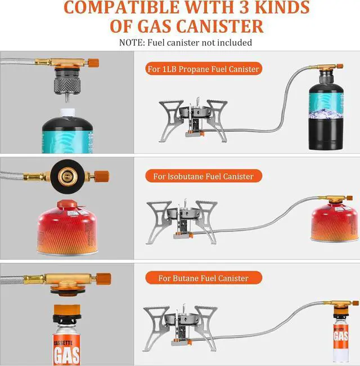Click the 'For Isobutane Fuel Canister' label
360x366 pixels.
click(203, 176)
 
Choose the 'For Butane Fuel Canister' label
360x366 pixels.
click(203, 278)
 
